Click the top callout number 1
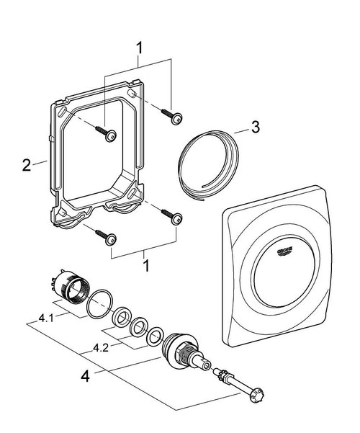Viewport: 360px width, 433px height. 140,48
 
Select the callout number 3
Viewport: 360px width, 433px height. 253,130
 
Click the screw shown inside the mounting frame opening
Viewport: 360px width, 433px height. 109,133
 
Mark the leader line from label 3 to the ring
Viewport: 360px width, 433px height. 238,133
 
